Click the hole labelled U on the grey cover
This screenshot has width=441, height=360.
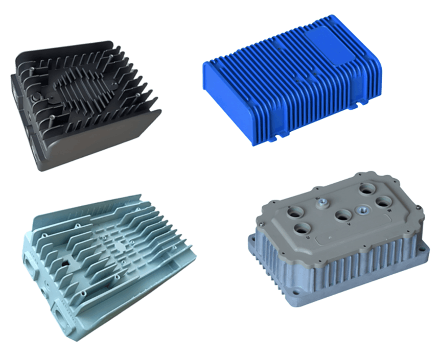[x=302, y=228]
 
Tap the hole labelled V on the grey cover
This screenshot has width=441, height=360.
[x=342, y=215]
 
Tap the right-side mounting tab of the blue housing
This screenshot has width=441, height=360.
[x=362, y=104]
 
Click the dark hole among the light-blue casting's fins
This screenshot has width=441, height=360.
[x=65, y=265]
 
